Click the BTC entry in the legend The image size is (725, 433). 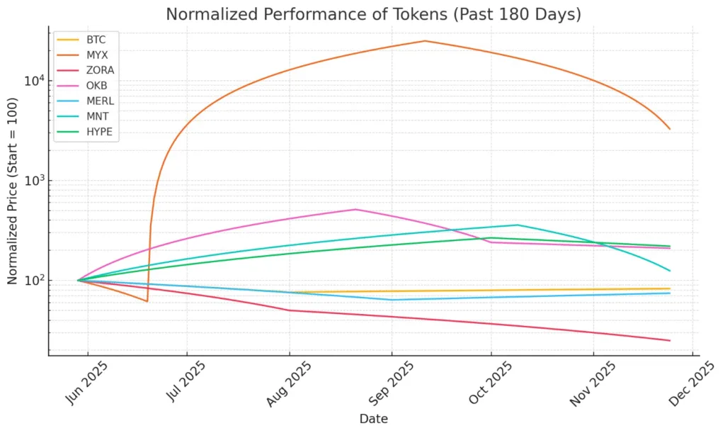coord(96,40)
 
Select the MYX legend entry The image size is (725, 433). coord(97,55)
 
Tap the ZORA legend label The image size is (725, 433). coord(100,70)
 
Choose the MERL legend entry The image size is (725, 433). coord(100,101)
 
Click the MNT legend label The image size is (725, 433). coord(97,117)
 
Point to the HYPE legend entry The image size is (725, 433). coord(99,132)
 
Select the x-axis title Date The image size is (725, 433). coord(373,419)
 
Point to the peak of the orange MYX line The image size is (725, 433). coord(425,40)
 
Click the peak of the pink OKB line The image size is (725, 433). coord(355,209)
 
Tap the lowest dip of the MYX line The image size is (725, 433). coord(147,301)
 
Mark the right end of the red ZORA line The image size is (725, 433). coord(670,341)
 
